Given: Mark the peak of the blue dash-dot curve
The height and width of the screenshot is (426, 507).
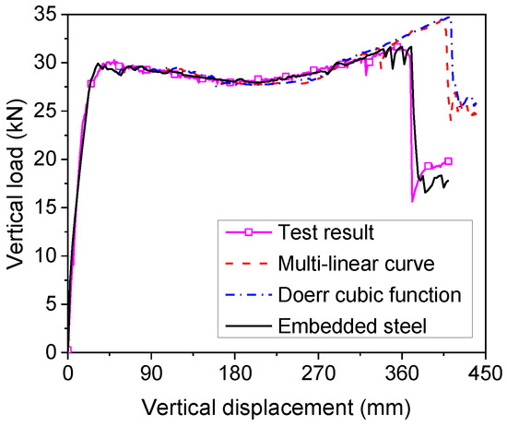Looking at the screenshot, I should click(x=449, y=17).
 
